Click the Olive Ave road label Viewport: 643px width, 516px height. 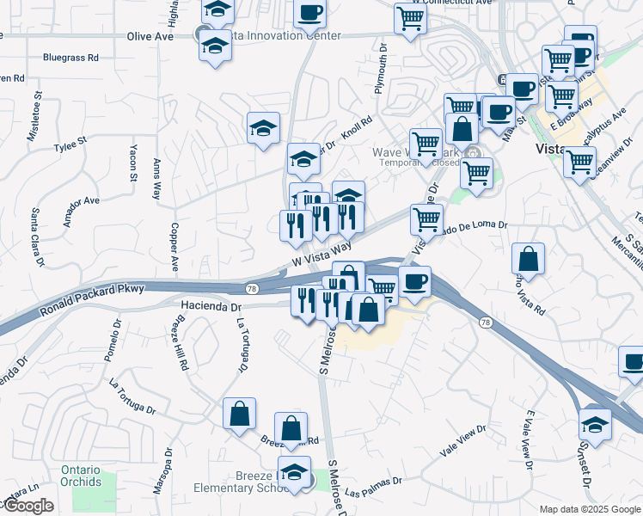coord(150,37)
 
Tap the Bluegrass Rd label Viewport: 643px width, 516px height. coord(70,58)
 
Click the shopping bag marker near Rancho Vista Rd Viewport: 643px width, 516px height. coord(529,258)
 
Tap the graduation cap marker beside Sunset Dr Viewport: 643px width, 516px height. coord(594,423)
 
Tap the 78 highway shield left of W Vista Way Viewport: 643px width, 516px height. coord(252,288)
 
